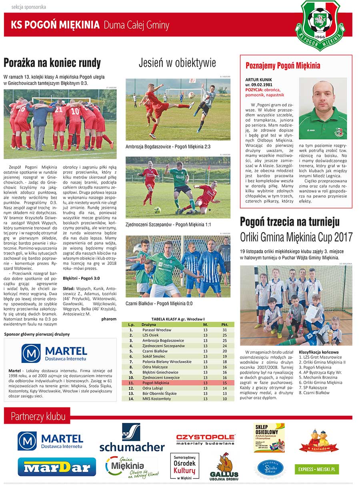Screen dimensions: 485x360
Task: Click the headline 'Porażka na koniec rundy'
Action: pos(52,63)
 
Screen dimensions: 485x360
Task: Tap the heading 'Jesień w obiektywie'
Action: pos(177,63)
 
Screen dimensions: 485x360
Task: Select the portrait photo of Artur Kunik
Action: pos(323,108)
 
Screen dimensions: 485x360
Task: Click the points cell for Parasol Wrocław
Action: pos(224,330)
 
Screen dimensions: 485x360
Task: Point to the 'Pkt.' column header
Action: pos(224,324)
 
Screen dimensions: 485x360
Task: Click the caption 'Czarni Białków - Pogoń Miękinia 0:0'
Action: pos(159,303)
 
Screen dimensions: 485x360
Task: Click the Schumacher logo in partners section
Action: pos(132,438)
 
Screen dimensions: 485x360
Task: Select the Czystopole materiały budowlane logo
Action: pos(206,439)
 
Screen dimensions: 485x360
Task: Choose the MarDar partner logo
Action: pos(57,467)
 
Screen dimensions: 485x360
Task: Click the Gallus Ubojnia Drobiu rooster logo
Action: pos(224,467)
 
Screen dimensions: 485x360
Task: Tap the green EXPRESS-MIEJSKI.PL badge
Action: pos(317,469)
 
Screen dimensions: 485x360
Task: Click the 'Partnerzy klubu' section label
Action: pos(38,416)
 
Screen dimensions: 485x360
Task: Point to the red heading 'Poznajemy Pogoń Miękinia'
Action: pos(283,66)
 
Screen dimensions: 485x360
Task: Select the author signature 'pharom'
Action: pos(109,319)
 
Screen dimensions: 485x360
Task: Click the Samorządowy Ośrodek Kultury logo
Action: pos(184,466)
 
